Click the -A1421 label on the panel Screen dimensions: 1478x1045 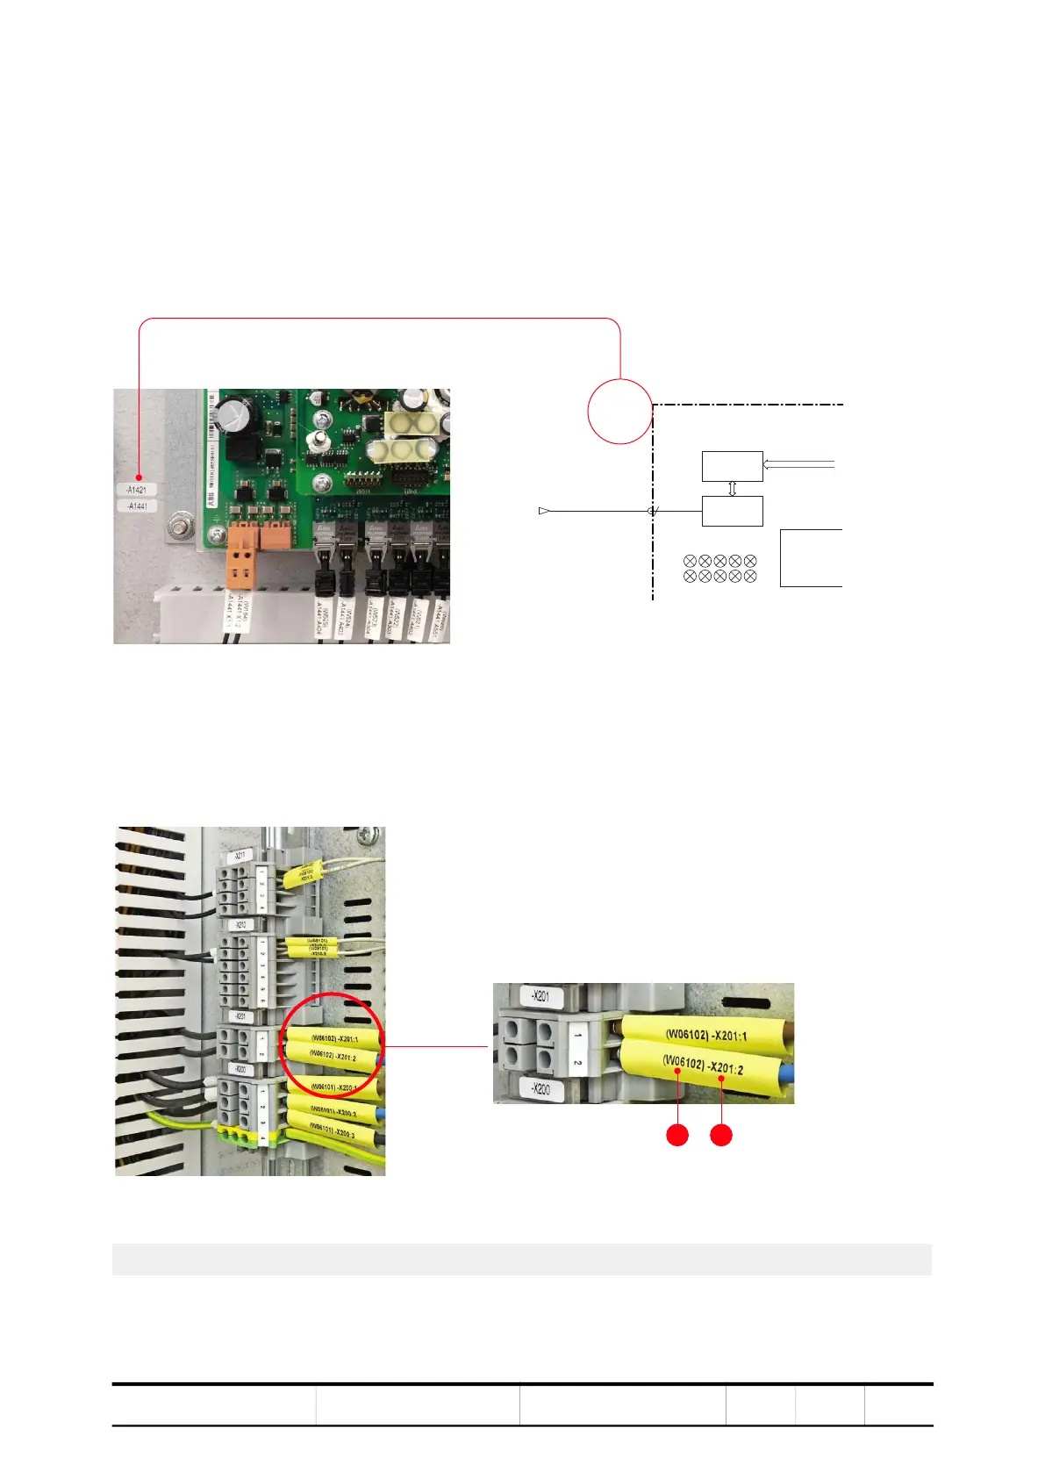[x=136, y=490]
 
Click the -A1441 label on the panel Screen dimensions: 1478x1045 [x=136, y=506]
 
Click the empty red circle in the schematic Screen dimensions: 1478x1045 [x=619, y=411]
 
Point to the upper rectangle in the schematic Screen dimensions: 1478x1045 [x=732, y=466]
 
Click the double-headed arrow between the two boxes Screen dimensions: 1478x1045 [x=733, y=489]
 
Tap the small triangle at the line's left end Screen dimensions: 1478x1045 [x=544, y=511]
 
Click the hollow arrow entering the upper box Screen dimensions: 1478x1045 [x=798, y=464]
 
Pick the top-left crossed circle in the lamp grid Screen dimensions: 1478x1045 [x=690, y=561]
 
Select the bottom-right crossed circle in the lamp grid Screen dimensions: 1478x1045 [x=749, y=577]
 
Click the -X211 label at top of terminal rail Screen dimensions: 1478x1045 [x=240, y=855]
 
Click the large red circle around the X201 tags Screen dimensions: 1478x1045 [x=331, y=1044]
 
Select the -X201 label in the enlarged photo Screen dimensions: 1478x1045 [x=541, y=996]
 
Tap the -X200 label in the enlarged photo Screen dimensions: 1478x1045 [x=540, y=1089]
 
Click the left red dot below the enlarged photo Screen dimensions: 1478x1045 [x=677, y=1136]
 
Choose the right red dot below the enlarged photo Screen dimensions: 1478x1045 [x=721, y=1136]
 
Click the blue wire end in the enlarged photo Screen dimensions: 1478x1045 [x=785, y=1073]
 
